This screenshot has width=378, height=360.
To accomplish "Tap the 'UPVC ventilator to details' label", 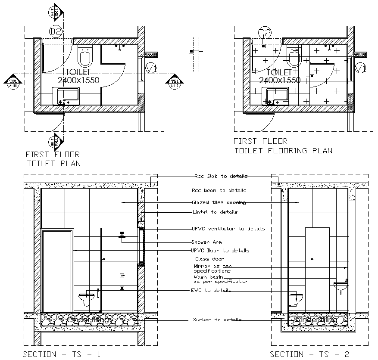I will point(228,229).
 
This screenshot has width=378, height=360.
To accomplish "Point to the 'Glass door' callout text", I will point(209,259).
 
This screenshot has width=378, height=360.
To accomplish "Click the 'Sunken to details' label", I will point(217,320).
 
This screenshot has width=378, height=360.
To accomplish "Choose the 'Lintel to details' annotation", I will point(215,212).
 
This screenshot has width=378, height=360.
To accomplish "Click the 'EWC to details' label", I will point(211,291).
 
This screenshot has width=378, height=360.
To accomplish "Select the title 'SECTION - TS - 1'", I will point(62,354).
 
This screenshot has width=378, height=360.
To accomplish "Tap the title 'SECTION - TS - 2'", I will point(309,354).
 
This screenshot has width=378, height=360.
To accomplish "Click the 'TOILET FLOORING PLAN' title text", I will point(283,151).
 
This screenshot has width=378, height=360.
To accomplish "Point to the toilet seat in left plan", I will point(85,56).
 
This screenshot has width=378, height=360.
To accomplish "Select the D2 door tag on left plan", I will point(56,31).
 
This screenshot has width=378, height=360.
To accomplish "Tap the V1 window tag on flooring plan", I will point(361,68).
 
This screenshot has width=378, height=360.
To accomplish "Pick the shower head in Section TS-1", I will point(122,236).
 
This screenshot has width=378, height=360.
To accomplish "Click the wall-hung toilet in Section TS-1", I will point(86,298).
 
